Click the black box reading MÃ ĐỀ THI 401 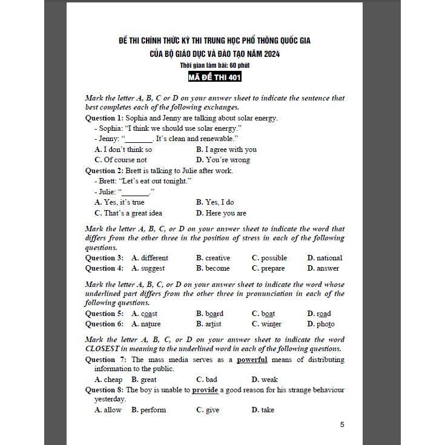[x=216, y=77]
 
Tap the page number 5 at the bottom [x=342, y=424]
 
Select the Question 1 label [x=107, y=118]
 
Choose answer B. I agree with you [x=226, y=150]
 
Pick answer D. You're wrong [x=223, y=160]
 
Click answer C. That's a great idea [x=128, y=213]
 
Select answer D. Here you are [x=221, y=213]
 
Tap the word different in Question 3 [x=154, y=258]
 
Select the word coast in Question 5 [x=149, y=314]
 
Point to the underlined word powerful [x=252, y=360]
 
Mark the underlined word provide [x=205, y=390]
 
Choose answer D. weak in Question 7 [x=265, y=380]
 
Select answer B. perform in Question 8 [x=148, y=410]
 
